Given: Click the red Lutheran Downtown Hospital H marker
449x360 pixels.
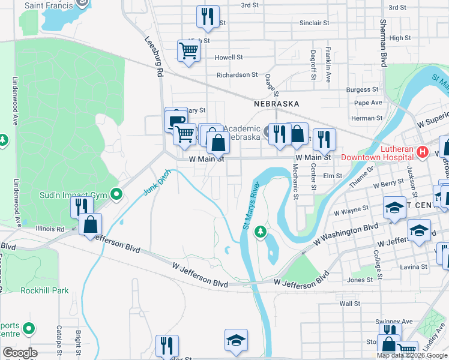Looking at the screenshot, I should tap(422, 152).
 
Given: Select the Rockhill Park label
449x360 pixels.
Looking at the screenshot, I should tap(44, 290).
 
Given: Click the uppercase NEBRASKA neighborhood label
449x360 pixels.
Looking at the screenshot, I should tap(276, 104).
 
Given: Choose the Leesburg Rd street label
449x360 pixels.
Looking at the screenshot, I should tap(152, 56).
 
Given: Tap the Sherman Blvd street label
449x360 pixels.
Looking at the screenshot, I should tap(382, 42).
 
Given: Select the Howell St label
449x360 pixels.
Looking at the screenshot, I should tap(229, 58).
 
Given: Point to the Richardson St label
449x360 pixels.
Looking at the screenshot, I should tap(237, 75).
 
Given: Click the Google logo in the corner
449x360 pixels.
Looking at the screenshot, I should tap(20, 353).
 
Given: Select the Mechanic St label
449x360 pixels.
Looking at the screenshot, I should tap(295, 181).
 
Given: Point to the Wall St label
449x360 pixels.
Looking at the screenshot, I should tap(349, 304).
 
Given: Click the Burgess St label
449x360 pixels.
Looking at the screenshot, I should tap(362, 89).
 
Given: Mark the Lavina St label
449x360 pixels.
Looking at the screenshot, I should tap(415, 266).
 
